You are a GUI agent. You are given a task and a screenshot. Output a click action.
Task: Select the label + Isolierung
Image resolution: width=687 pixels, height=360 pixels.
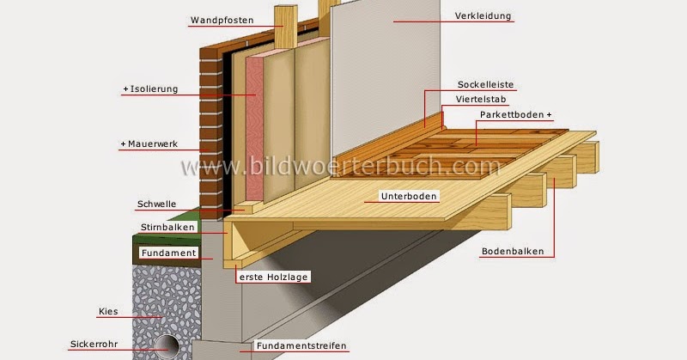151,88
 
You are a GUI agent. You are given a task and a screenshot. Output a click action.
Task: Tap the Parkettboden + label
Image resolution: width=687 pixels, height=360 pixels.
515,114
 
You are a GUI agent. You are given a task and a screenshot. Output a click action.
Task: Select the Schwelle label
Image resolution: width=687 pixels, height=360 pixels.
156,204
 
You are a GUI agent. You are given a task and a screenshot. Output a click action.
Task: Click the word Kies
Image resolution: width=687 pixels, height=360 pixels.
107,311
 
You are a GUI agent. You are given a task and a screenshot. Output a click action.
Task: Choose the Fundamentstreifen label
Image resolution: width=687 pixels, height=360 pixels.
301,346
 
